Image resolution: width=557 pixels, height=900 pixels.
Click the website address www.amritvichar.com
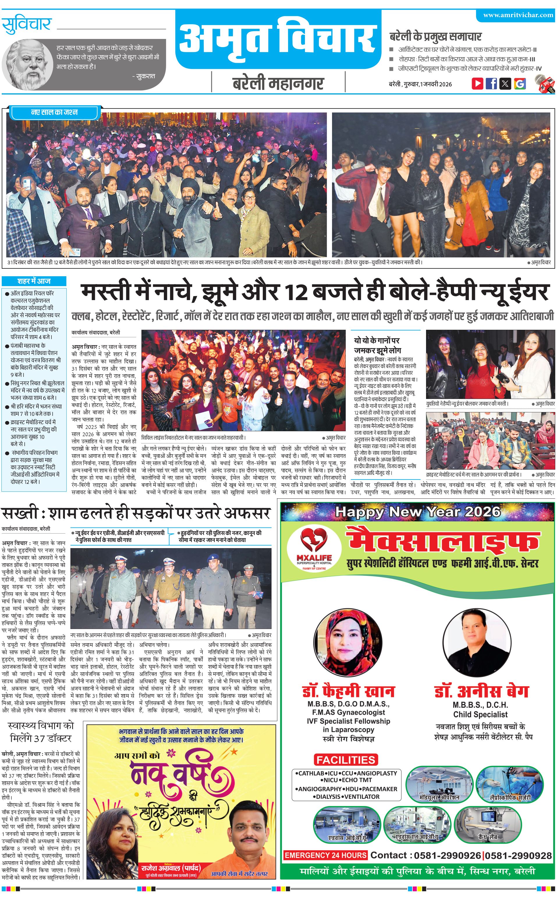[x=518, y=15]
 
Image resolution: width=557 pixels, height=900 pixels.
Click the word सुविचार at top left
[x=26, y=25]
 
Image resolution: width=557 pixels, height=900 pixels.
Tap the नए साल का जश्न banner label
[x=54, y=112]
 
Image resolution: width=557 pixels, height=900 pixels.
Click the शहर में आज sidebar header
[x=34, y=281]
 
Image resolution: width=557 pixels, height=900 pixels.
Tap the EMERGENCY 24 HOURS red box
[x=325, y=855]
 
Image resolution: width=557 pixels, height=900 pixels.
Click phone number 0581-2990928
[x=518, y=856]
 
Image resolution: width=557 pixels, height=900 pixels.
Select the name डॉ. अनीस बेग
[x=481, y=692]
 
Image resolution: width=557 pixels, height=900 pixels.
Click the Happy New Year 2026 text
[x=418, y=512]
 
